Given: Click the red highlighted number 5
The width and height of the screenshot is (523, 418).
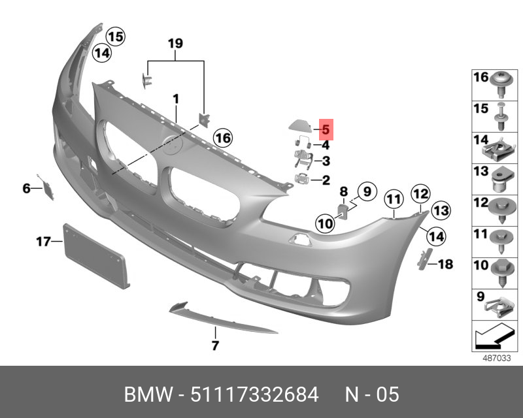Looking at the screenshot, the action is point(326,129).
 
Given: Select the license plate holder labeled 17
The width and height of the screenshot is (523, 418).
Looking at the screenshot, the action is point(96,256).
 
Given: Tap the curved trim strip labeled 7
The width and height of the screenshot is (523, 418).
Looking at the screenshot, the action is point(223,317).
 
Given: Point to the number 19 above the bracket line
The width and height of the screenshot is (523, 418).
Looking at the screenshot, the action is point(175,43).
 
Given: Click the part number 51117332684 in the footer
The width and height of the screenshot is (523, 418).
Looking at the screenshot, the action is point(254,394).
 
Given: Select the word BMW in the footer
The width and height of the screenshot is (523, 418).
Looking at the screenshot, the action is point(148,394).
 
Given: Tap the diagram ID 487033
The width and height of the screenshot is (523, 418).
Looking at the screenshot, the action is point(497,359).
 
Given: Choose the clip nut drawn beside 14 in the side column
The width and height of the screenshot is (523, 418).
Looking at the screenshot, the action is point(499,151).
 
